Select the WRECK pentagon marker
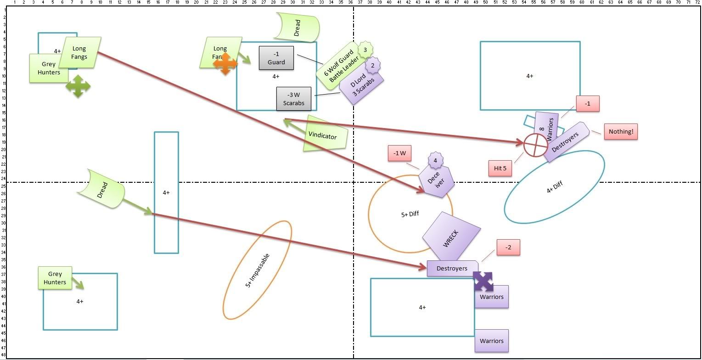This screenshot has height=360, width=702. pos(451,237)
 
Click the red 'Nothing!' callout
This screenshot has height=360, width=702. pos(621,132)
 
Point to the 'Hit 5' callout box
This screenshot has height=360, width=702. pos(500,168)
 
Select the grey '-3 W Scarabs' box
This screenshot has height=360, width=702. pos(293,99)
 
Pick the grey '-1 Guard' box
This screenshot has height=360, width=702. pos(276,58)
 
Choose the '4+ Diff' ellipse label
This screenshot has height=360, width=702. pos(554,187)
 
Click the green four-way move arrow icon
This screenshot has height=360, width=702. pos(78,86)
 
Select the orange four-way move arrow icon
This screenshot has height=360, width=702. pos(225,64)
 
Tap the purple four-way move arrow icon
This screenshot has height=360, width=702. pos(483,281)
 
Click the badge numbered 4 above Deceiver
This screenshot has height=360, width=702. pos(435,161)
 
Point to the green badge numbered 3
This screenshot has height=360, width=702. pos(365,49)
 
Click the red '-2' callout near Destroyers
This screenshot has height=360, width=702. pos(508,247)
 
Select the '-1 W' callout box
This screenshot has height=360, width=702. pos(399,153)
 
